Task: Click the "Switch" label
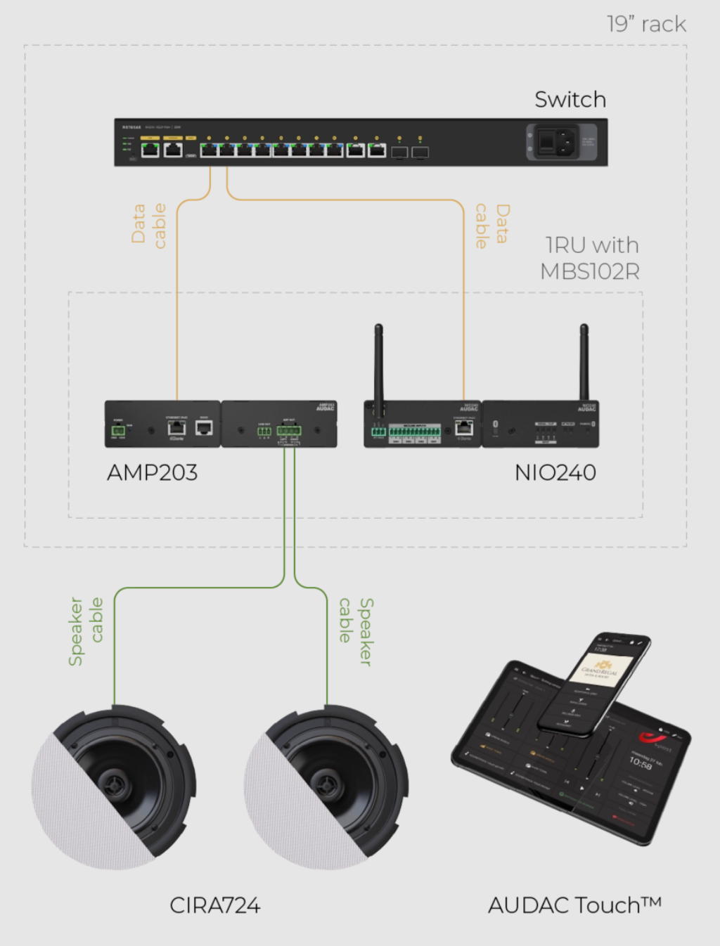click(x=570, y=100)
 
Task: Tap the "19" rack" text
click(x=646, y=25)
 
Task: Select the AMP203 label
click(x=152, y=472)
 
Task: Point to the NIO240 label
click(x=555, y=472)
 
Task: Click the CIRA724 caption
click(x=214, y=905)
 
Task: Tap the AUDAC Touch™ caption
click(x=574, y=905)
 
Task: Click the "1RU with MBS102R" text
click(x=591, y=258)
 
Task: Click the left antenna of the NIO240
click(x=378, y=365)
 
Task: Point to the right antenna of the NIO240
click(x=584, y=362)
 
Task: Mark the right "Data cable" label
click(x=491, y=225)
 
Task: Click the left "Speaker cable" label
click(x=86, y=630)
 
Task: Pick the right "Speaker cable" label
click(x=356, y=630)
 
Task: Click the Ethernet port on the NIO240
click(x=464, y=427)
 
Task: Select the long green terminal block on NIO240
click(x=415, y=430)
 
